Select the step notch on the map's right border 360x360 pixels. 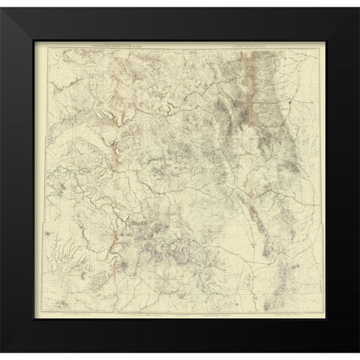click(316, 226)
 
